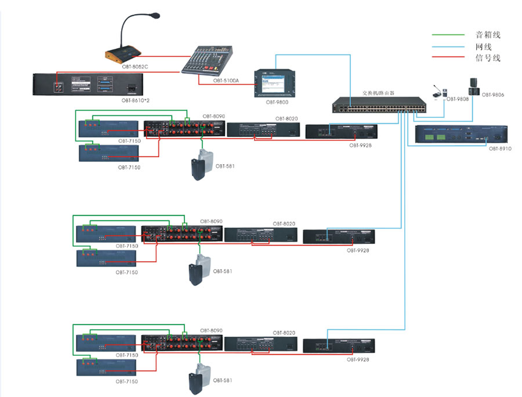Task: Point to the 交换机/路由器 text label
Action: (378, 93)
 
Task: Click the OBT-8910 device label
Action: (500, 149)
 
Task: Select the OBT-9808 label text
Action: (457, 99)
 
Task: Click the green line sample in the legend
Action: (448, 35)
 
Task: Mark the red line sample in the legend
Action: (448, 57)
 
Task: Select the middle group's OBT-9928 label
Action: (358, 250)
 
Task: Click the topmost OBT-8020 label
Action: (287, 118)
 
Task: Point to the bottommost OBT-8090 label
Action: (211, 330)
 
